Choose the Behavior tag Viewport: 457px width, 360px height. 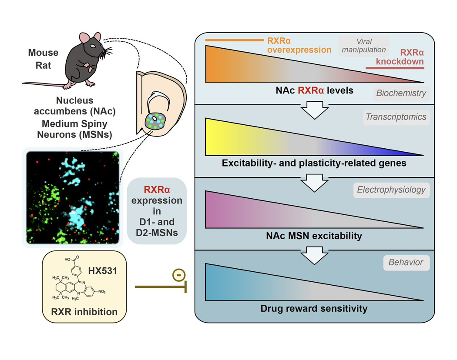(406, 263)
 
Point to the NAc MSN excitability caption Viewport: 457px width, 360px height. (314, 236)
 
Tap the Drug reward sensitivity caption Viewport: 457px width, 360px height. (314, 309)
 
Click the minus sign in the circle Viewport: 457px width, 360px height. (178, 275)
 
